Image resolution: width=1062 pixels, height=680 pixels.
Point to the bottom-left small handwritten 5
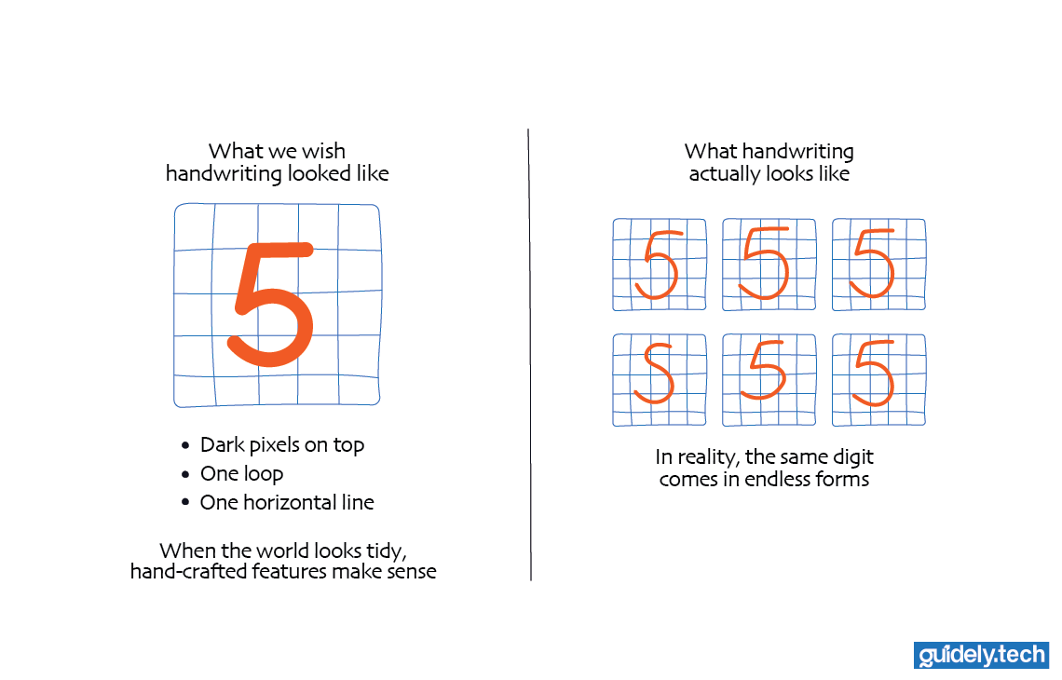656,373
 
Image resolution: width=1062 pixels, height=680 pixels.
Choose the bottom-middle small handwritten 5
768,370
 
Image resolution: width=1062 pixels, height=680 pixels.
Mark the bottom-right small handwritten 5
874,373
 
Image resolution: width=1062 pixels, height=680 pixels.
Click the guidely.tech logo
982,655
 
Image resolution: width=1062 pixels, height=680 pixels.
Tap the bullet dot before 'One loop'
186,474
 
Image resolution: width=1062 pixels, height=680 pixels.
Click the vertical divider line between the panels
529,354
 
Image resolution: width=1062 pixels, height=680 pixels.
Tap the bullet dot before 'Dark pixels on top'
186,445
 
